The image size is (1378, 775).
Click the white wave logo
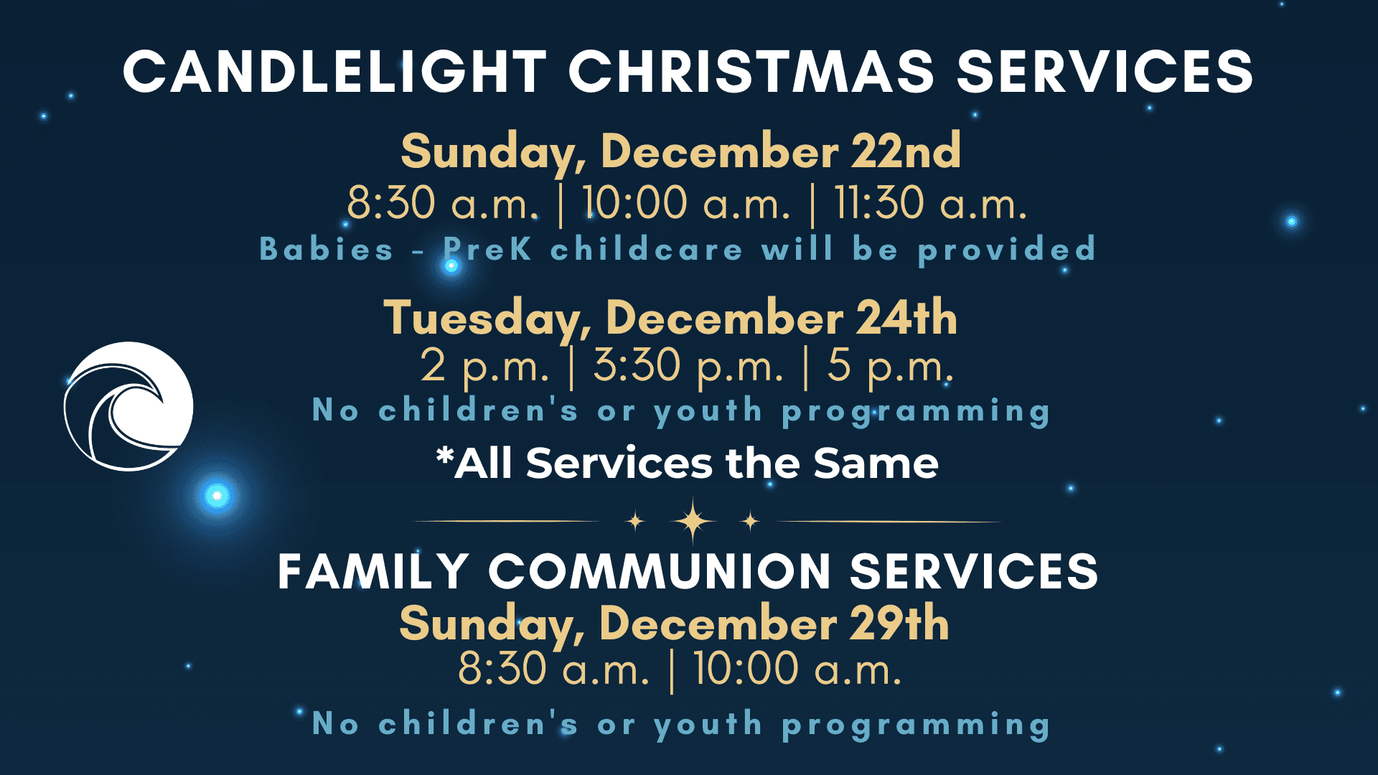[128, 406]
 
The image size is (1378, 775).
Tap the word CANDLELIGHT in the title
[335, 72]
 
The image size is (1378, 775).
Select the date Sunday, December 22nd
[680, 151]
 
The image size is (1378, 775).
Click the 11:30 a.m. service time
[930, 202]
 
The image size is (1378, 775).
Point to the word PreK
[488, 249]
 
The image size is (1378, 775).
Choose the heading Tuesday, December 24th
[670, 318]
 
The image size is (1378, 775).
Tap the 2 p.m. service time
[485, 367]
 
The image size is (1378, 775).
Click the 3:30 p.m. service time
[688, 367]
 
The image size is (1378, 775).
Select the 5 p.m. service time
[891, 367]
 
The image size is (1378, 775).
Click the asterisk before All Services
[445, 456]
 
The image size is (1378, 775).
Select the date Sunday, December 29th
[675, 623]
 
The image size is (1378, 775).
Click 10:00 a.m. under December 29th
[797, 669]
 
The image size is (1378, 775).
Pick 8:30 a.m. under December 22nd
[443, 202]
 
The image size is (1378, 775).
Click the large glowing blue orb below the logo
[216, 495]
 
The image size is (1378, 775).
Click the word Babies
[327, 249]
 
